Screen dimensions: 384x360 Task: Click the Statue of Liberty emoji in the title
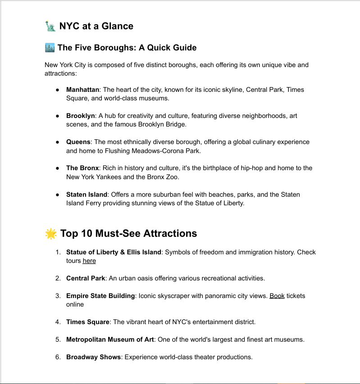pyautogui.click(x=50, y=26)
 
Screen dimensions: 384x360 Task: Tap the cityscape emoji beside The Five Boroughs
pyautogui.click(x=50, y=48)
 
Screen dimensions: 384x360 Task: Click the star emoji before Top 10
pyautogui.click(x=51, y=234)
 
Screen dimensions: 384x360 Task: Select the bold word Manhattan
pyautogui.click(x=82, y=90)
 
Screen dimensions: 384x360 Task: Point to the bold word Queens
pyautogui.click(x=78, y=142)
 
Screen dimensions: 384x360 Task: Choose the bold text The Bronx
pyautogui.click(x=82, y=168)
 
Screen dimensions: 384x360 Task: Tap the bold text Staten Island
pyautogui.click(x=87, y=194)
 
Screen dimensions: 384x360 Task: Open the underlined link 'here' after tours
pyautogui.click(x=89, y=261)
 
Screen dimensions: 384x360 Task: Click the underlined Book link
pyautogui.click(x=277, y=296)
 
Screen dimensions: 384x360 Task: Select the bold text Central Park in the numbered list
pyautogui.click(x=86, y=278)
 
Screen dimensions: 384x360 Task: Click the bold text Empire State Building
pyautogui.click(x=100, y=296)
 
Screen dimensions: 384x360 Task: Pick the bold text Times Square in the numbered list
pyautogui.click(x=88, y=322)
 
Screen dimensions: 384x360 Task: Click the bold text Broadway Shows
pyautogui.click(x=94, y=357)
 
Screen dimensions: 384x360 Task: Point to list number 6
pyautogui.click(x=58, y=357)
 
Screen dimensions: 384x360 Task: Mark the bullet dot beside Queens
pyautogui.click(x=58, y=142)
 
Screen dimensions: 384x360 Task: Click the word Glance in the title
pyautogui.click(x=117, y=26)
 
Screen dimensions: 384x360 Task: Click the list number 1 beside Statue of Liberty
pyautogui.click(x=58, y=252)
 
